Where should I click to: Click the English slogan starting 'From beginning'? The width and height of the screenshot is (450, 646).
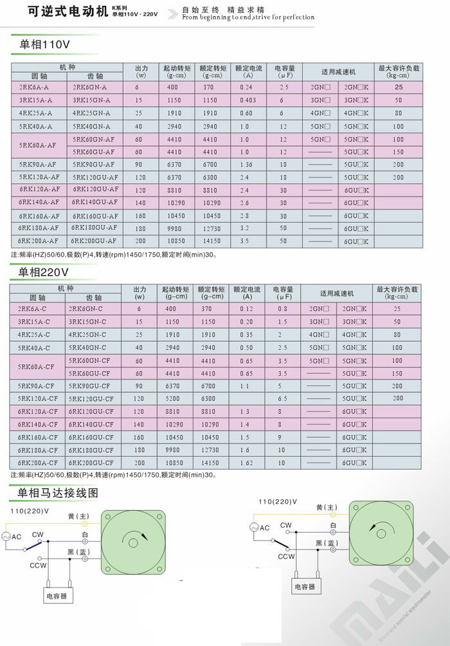pyautogui.click(x=248, y=17)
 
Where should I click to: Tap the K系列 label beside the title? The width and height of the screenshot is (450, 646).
pyautogui.click(x=120, y=8)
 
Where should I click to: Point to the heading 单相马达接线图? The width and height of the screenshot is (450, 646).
pyautogui.click(x=58, y=493)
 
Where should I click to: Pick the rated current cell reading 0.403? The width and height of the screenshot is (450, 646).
pyautogui.click(x=248, y=100)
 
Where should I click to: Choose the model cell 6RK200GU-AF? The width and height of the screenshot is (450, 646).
pyautogui.click(x=94, y=241)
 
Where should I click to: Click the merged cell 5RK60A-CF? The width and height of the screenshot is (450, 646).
pyautogui.click(x=38, y=367)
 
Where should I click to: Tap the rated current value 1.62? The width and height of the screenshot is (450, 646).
pyautogui.click(x=248, y=463)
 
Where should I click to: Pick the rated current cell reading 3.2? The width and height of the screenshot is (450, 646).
pyautogui.click(x=248, y=228)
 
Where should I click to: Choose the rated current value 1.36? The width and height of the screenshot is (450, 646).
pyautogui.click(x=248, y=164)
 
